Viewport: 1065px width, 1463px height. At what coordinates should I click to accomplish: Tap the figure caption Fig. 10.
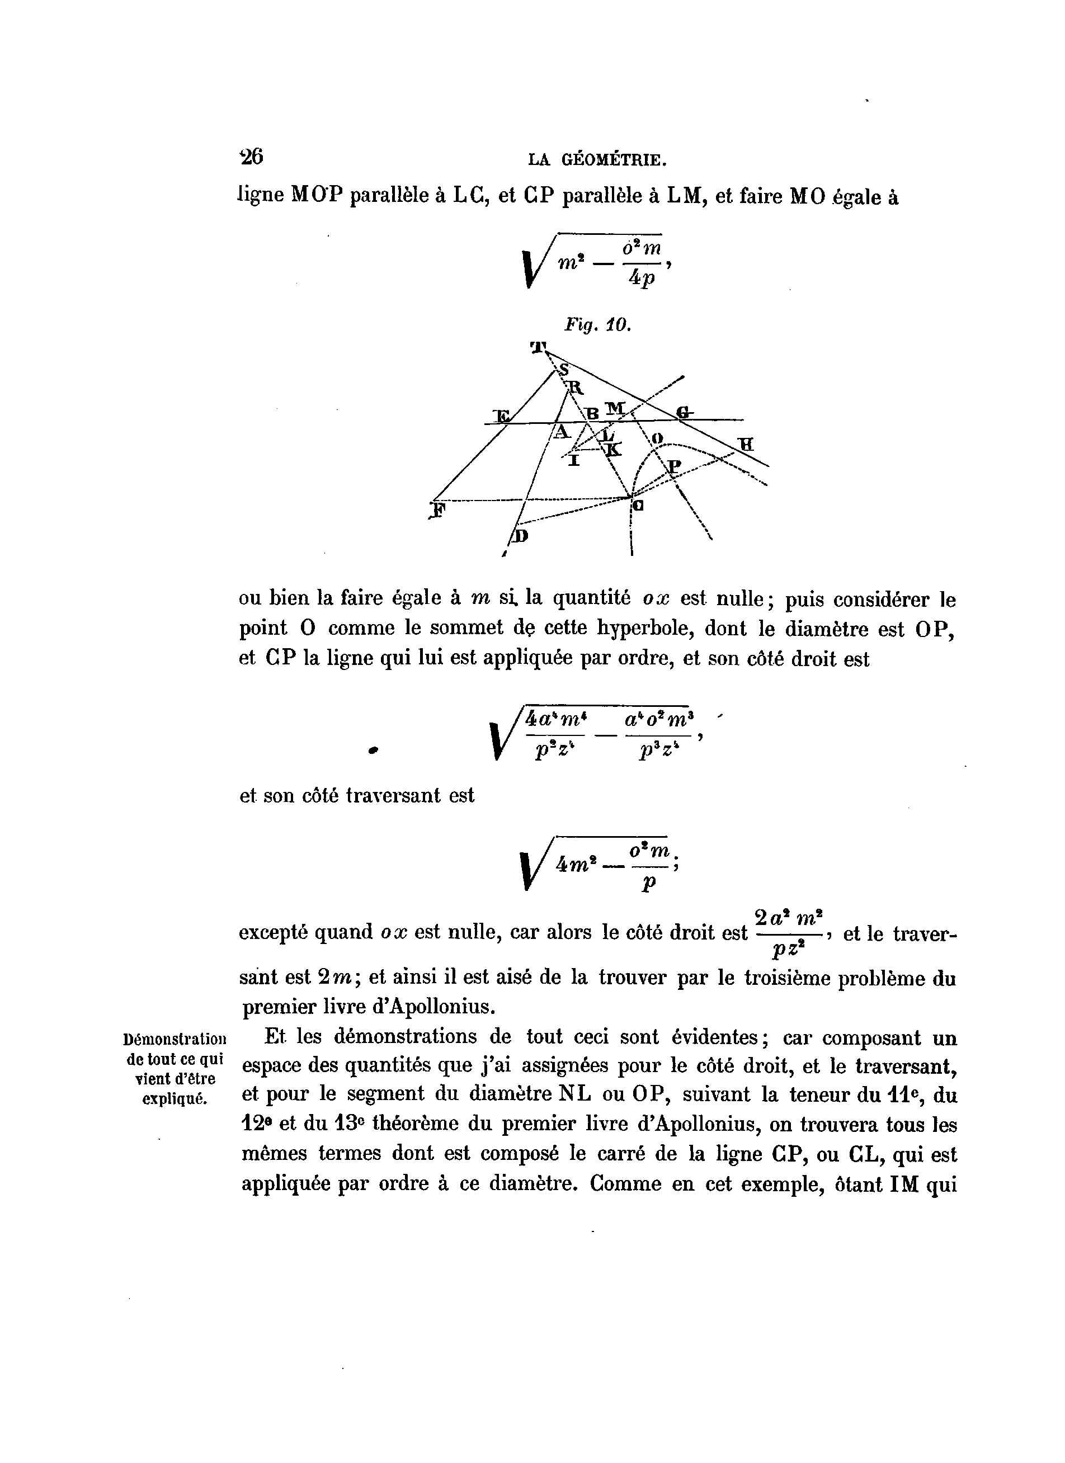pyautogui.click(x=597, y=325)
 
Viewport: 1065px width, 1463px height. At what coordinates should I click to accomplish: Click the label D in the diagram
pyautogui.click(x=520, y=536)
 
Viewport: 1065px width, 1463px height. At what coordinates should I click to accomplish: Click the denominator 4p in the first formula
pyautogui.click(x=642, y=279)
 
